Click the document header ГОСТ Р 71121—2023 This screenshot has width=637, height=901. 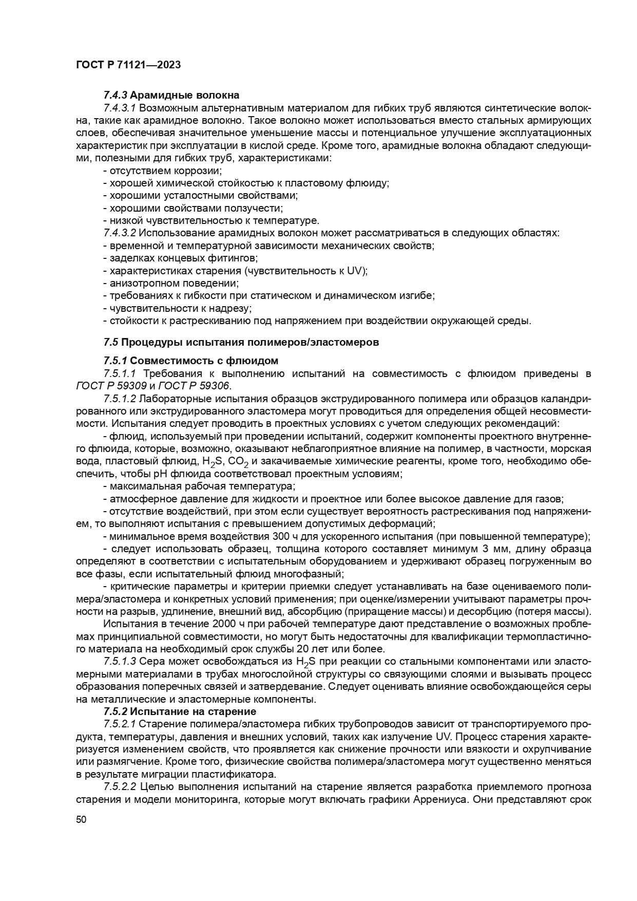(128, 65)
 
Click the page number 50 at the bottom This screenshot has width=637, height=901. (81, 819)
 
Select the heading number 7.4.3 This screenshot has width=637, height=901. (115, 95)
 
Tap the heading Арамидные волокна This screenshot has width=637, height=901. (185, 95)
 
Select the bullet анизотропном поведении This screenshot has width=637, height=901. (171, 283)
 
